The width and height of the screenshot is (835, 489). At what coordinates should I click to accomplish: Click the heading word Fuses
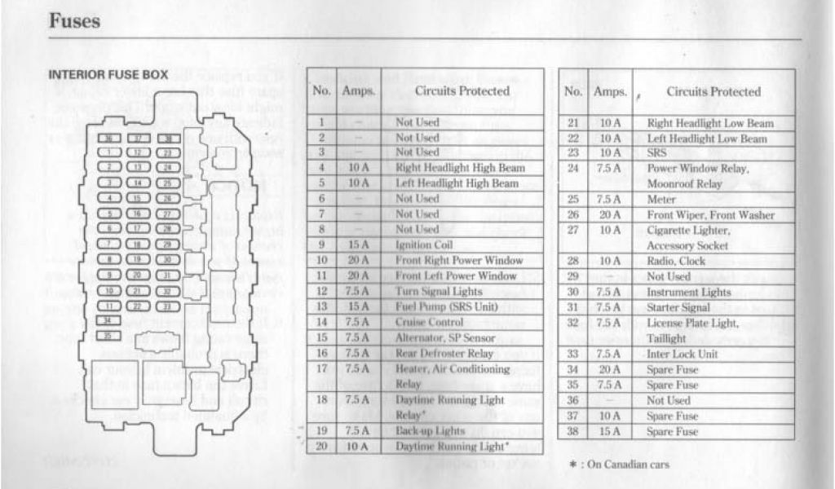click(x=74, y=20)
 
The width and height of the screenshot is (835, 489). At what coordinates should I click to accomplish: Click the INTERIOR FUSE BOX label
click(x=108, y=74)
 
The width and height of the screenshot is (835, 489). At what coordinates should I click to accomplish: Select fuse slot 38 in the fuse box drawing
click(x=169, y=139)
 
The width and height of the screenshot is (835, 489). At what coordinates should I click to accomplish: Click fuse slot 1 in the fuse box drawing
click(x=111, y=152)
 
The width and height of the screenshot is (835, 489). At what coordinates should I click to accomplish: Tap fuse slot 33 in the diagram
click(x=169, y=305)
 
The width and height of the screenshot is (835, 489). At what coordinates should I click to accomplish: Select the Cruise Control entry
click(x=425, y=322)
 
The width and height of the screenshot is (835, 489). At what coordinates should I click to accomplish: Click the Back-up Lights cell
click(x=430, y=430)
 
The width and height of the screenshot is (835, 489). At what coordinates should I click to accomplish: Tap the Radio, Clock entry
click(x=676, y=261)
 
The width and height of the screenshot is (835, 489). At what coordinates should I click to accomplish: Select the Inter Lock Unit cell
click(x=682, y=355)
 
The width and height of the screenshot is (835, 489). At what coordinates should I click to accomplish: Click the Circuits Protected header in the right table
click(x=713, y=92)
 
